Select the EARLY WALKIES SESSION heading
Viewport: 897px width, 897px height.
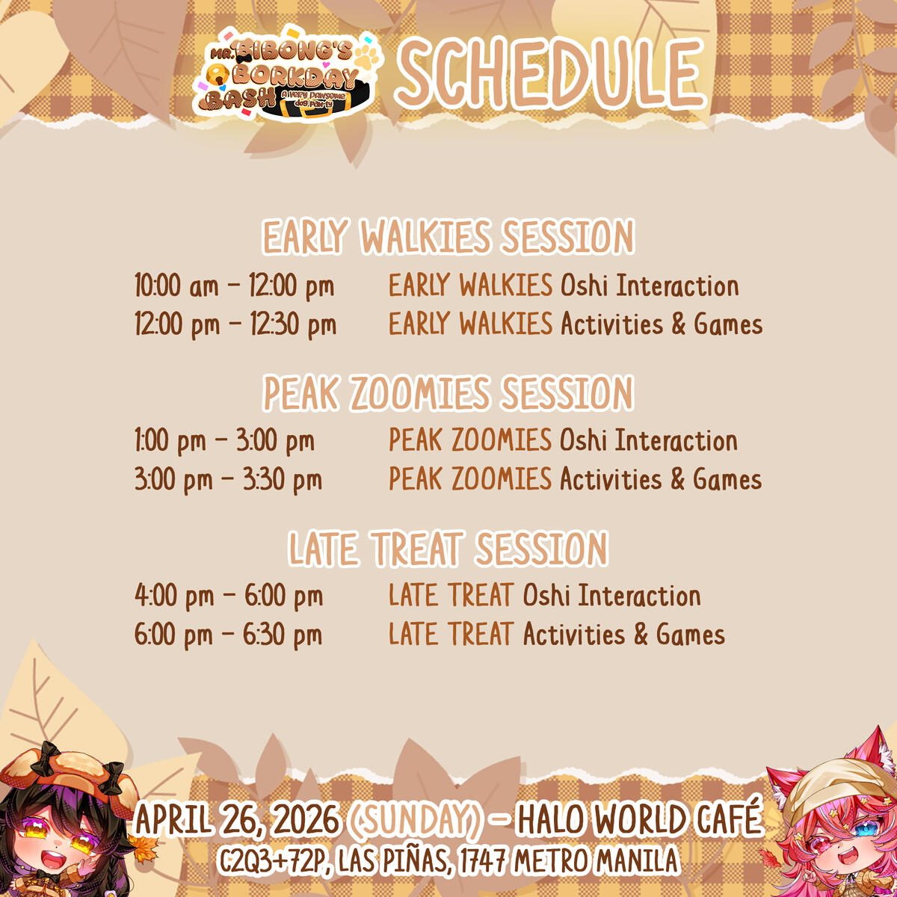449,238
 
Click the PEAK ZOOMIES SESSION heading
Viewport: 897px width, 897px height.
449,393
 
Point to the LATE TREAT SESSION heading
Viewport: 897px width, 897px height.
449,549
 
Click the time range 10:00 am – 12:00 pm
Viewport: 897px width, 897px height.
234,286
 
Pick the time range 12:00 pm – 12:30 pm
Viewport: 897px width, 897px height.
235,325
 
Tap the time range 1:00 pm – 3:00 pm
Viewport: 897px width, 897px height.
224,441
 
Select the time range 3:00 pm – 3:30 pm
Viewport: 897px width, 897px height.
228,480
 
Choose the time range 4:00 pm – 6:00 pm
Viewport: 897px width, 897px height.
229,597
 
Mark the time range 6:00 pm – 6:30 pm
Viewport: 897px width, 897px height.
229,635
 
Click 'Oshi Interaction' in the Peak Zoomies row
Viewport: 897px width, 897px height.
648,441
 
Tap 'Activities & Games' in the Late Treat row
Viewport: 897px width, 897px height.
623,635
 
